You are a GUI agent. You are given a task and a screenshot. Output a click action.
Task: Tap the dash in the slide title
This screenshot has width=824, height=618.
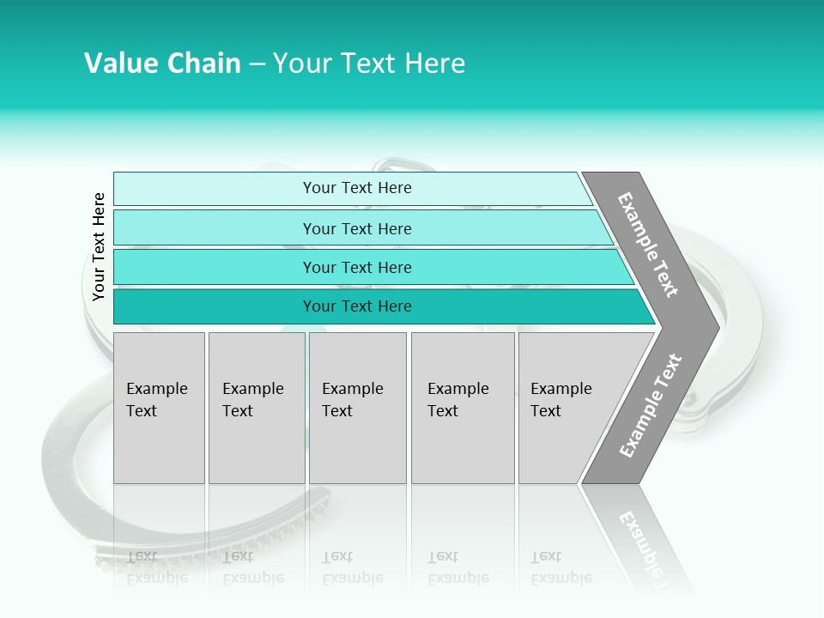[257, 64]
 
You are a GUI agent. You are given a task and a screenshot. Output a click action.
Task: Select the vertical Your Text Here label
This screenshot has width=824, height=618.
[99, 246]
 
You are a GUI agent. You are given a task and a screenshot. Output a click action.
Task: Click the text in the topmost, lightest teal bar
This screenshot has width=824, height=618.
[357, 188]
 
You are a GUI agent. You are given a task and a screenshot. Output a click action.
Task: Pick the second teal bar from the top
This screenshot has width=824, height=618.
[357, 228]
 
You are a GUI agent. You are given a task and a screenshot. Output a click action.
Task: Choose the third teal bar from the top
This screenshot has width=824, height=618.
[357, 267]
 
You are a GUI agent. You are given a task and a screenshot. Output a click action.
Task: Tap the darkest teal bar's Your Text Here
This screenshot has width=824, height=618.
[357, 306]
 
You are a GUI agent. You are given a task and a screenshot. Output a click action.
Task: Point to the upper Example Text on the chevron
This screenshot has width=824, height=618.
[648, 245]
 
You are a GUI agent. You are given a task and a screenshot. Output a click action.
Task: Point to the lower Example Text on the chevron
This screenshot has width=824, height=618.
[651, 405]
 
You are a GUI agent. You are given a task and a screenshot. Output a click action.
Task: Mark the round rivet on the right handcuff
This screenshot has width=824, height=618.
[691, 400]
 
